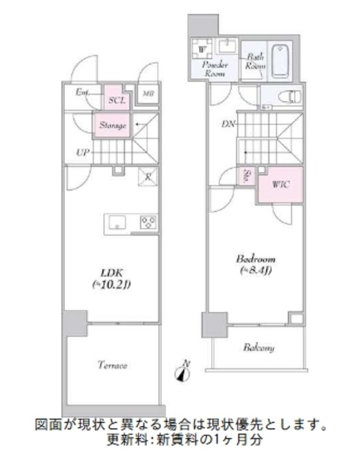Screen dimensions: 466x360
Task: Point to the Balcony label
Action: [x=259, y=347]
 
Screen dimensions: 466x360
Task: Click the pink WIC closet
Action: [x=280, y=185]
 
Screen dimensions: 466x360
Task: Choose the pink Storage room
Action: [x=112, y=125]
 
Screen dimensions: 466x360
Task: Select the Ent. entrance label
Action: [x=82, y=92]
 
